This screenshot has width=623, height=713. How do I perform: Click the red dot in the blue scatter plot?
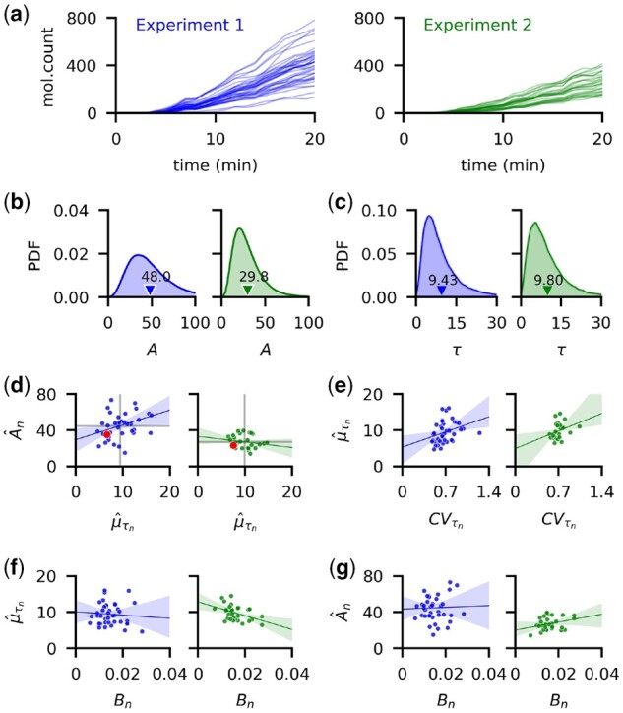click(106, 434)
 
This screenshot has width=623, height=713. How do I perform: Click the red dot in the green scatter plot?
click(232, 445)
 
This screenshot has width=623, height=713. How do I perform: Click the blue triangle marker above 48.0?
click(150, 291)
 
